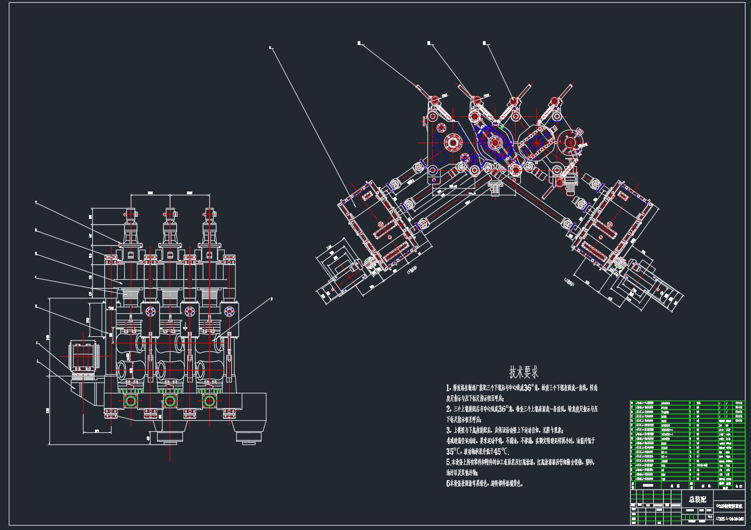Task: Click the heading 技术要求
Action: tap(523, 373)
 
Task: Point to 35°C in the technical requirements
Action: tap(454, 452)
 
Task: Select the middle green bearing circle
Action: tap(170, 401)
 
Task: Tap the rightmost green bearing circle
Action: tap(209, 401)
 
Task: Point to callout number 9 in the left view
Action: tap(271, 300)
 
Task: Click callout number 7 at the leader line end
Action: tap(36, 202)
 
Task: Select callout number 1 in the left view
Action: tap(37, 361)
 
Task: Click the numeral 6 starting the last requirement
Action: tap(448, 484)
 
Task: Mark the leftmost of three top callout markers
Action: tap(359, 42)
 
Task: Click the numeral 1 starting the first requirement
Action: tap(448, 388)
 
